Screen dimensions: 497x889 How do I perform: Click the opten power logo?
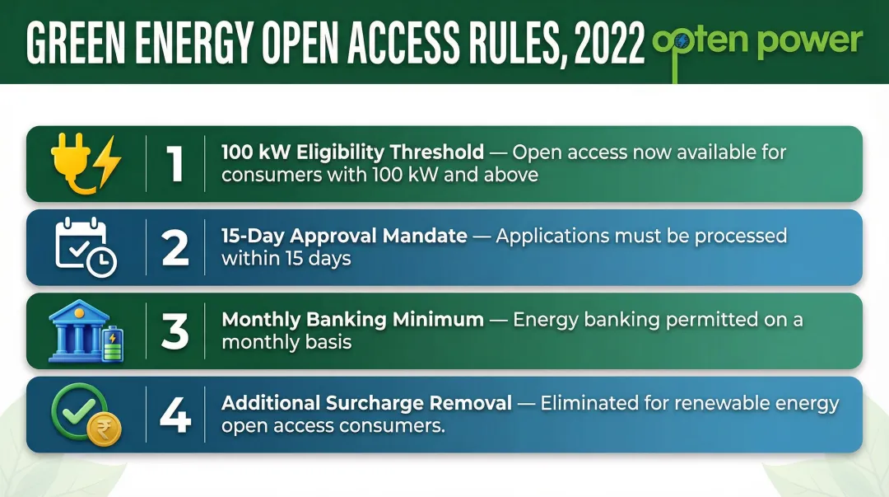coord(756,41)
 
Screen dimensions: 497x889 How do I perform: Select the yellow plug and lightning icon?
coord(86,164)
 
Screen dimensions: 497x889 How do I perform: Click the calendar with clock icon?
coord(86,246)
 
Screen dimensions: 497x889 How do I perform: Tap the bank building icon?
coord(86,331)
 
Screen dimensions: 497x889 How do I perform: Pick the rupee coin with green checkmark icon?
coord(86,415)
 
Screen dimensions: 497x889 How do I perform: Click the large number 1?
coord(175,164)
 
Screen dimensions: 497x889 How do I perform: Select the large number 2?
coord(175,247)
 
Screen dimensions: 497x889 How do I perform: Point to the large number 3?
coord(175,331)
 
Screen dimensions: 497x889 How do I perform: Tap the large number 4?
coord(175,415)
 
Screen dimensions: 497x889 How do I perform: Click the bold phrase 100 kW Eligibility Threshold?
coord(352,152)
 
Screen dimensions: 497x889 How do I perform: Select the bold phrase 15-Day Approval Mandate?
coord(344,237)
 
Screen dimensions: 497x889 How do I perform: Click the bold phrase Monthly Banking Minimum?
coord(352,320)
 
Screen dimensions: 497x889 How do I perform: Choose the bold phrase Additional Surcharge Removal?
coord(366,404)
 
